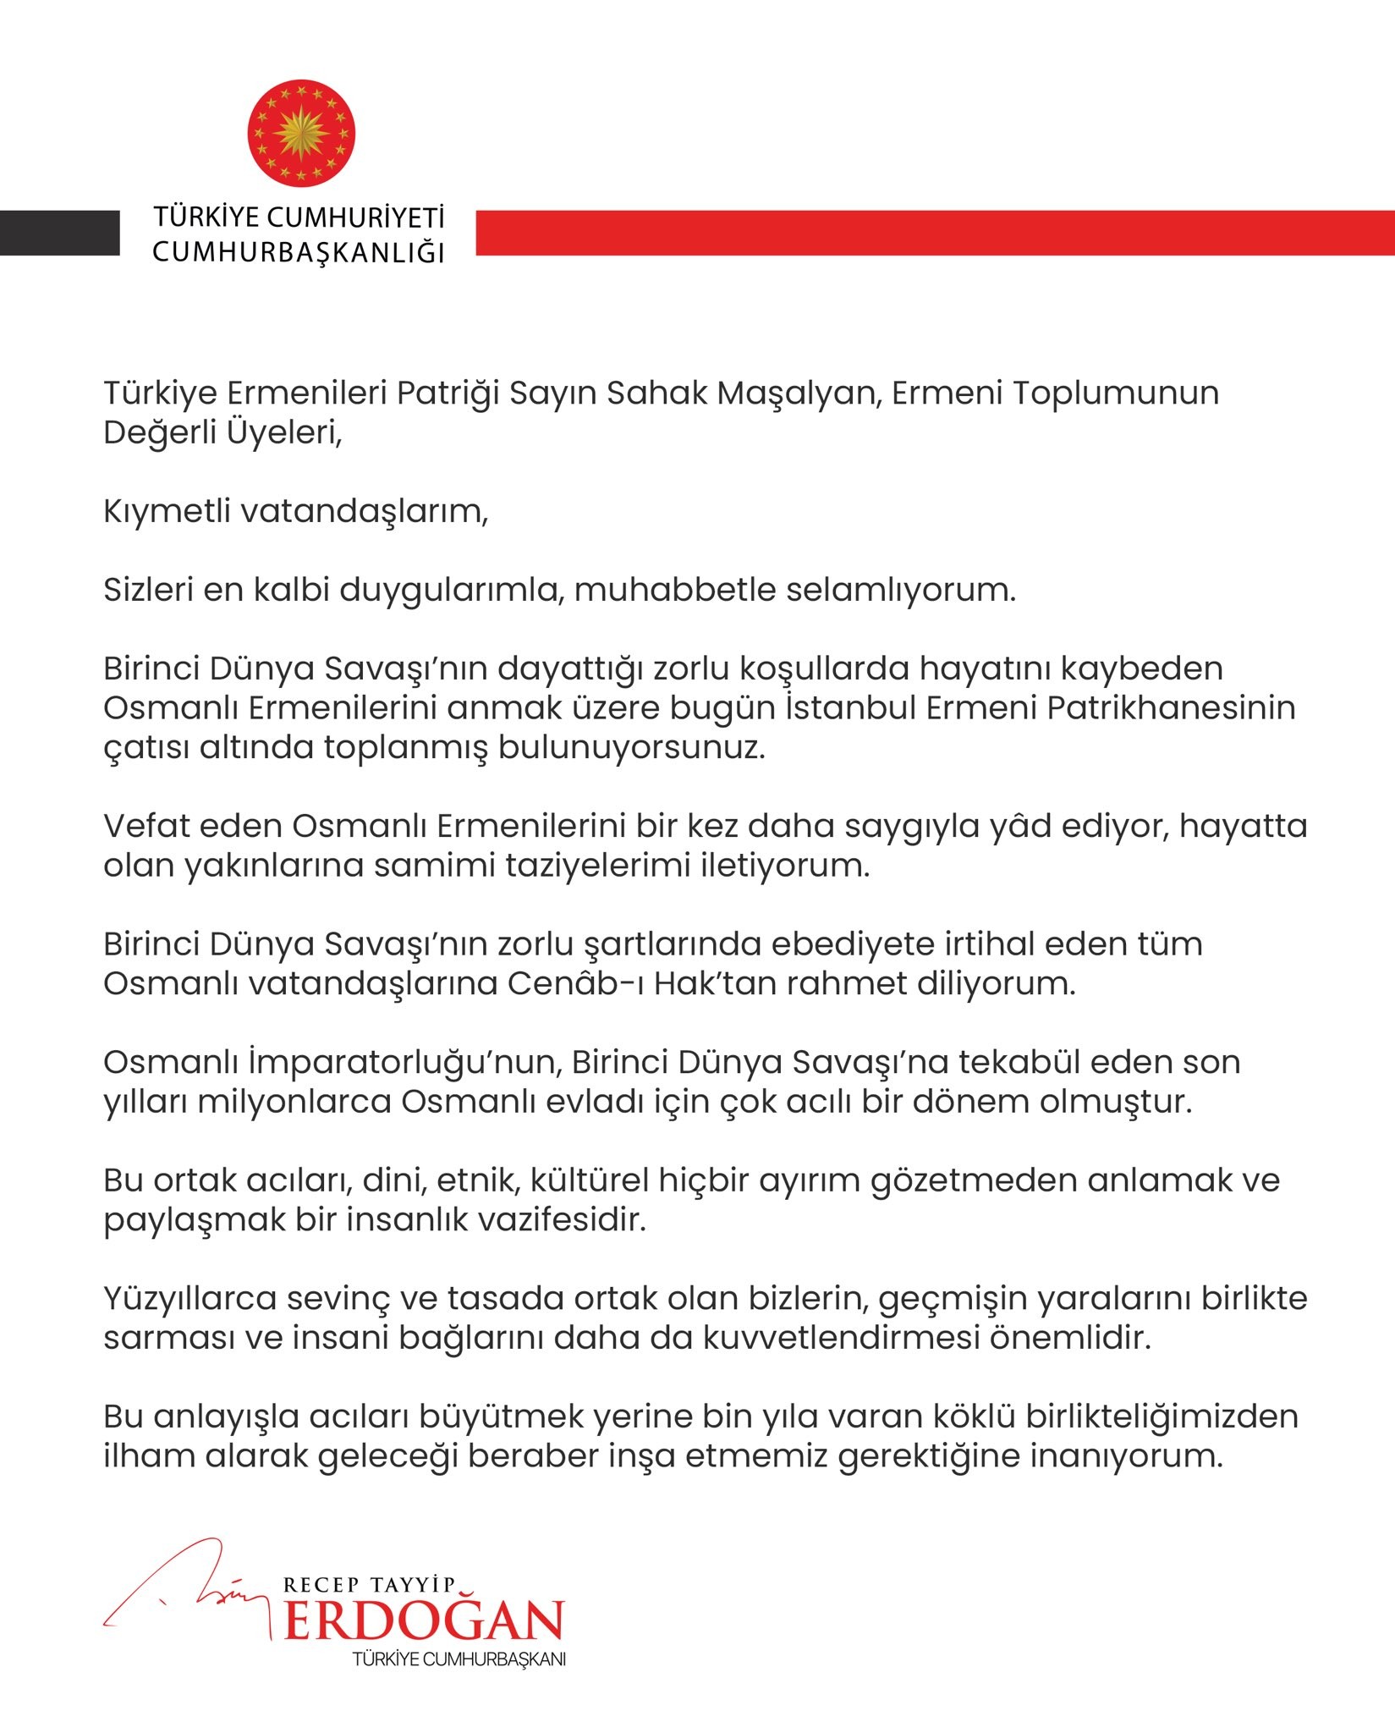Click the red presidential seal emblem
pos(301,133)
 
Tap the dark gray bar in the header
pos(59,233)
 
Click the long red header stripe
pos(935,233)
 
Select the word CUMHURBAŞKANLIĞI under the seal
pos(299,252)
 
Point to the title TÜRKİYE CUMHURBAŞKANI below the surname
pos(459,1659)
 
